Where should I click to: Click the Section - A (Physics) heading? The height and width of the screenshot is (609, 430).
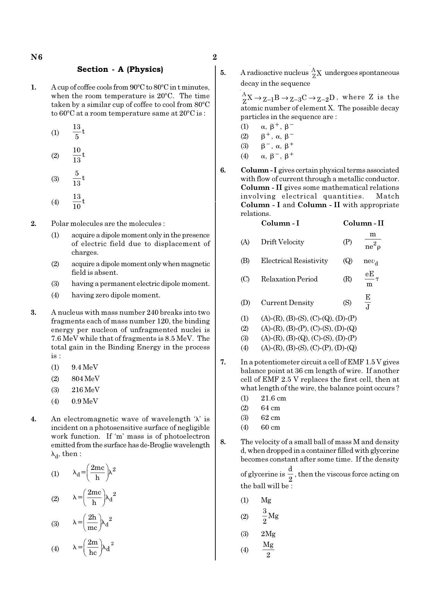[120, 69]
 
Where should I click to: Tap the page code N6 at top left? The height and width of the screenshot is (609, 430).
[36, 57]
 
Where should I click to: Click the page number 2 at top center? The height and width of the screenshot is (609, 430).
[215, 57]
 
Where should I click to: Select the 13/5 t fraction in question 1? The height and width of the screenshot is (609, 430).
[78, 132]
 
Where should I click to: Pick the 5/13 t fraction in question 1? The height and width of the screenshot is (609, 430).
[78, 178]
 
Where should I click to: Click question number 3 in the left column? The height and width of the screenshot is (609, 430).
[34, 313]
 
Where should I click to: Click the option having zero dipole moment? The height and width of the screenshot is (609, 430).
[116, 295]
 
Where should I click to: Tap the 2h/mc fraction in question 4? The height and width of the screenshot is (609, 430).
[92, 523]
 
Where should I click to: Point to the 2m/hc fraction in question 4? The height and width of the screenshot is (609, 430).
[93, 547]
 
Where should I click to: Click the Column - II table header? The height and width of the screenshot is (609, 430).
[363, 223]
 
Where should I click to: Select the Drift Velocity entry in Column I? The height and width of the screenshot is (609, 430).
[282, 242]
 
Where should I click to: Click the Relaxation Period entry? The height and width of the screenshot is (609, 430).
[289, 279]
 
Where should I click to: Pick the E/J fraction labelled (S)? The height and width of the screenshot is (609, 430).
[368, 302]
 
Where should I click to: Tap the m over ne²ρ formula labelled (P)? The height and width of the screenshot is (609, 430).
[373, 241]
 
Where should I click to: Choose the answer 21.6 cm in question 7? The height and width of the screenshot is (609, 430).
[273, 398]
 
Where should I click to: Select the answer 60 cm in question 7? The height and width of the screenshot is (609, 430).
[270, 427]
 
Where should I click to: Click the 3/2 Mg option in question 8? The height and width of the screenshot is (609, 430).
[270, 516]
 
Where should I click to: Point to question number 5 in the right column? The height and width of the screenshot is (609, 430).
[223, 73]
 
